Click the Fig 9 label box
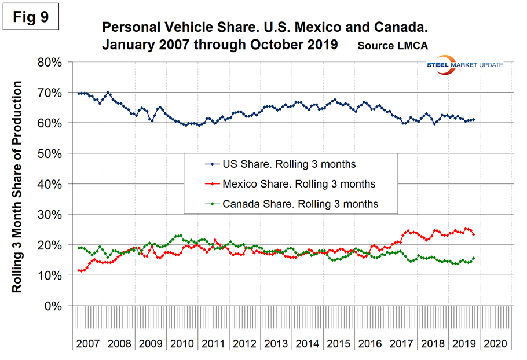[35, 17]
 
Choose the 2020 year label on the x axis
[496, 343]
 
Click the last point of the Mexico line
[474, 234]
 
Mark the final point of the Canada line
[474, 258]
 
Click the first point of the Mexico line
[78, 270]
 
